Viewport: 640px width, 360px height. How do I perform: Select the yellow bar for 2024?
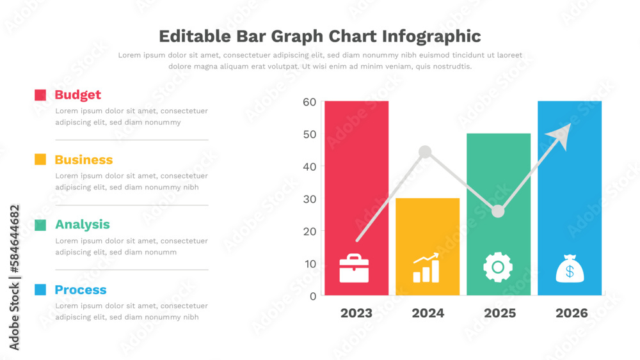click(427, 237)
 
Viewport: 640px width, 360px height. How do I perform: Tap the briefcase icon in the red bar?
click(354, 269)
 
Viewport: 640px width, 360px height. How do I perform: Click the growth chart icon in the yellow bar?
click(426, 268)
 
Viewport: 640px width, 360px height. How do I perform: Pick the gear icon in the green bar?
click(497, 267)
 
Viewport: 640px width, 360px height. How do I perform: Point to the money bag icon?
click(569, 269)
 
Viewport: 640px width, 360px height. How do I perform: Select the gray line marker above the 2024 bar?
click(425, 152)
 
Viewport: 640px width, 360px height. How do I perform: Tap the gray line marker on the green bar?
click(498, 211)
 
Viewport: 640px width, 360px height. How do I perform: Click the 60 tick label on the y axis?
click(310, 102)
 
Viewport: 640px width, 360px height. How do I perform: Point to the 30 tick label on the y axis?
click(310, 199)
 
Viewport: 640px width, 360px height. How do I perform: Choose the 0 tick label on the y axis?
click(313, 296)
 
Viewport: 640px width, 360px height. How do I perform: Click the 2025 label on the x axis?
click(500, 313)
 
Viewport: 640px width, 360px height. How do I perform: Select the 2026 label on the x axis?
click(572, 313)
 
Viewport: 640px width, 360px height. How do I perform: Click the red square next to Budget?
click(40, 95)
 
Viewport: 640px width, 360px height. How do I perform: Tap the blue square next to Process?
click(40, 290)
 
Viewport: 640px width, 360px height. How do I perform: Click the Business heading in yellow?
click(83, 160)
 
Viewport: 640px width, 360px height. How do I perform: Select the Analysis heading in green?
click(82, 224)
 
